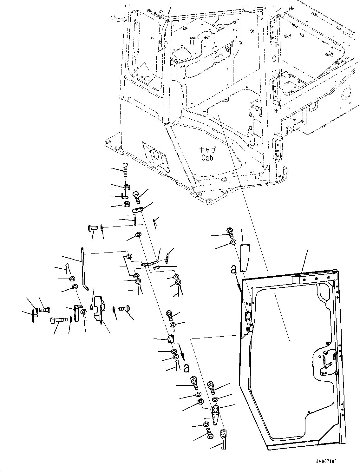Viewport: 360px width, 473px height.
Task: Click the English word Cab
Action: [x=207, y=157]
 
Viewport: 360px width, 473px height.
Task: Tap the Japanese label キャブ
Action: [x=207, y=149]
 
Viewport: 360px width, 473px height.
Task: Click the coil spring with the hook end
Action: [x=126, y=171]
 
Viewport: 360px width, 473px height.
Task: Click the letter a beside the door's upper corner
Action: [x=234, y=270]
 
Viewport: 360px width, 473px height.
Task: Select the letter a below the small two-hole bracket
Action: [x=187, y=368]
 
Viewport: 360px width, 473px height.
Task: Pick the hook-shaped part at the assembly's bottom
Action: [x=225, y=436]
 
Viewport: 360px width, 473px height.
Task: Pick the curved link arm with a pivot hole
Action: [x=150, y=263]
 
